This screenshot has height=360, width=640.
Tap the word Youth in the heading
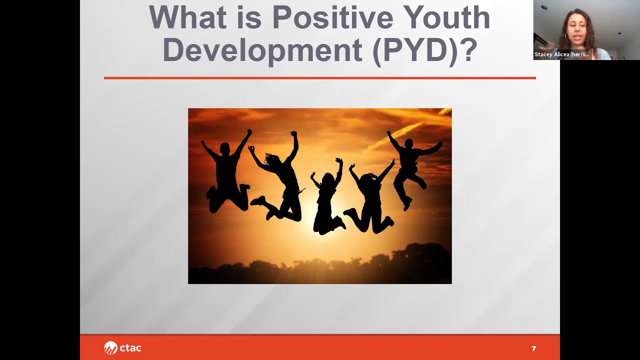(x=446, y=18)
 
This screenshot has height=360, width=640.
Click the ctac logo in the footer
(x=122, y=348)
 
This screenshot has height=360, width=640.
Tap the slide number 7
(x=533, y=348)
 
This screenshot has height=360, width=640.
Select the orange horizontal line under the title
(x=320, y=78)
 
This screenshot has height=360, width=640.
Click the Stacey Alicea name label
(x=562, y=54)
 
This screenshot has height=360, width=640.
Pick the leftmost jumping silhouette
(x=226, y=172)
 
